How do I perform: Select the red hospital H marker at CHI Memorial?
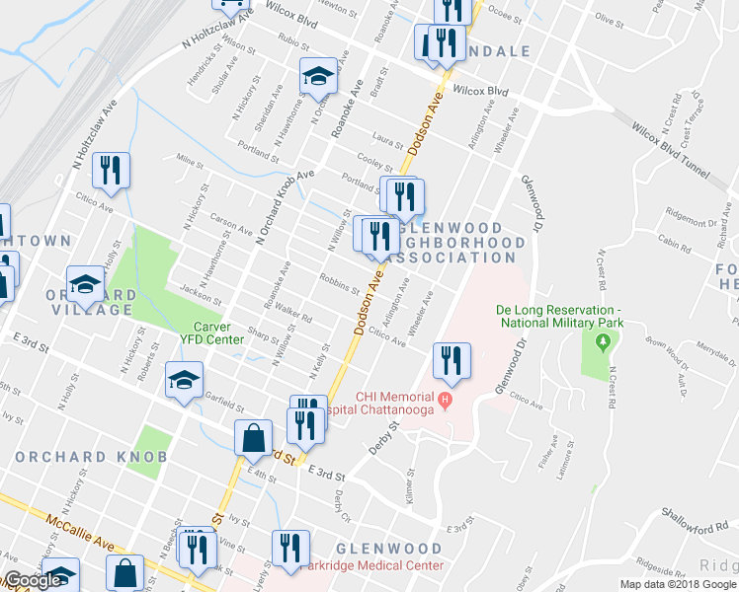point(445,400)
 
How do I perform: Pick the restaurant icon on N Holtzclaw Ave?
point(111,170)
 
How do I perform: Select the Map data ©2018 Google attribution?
point(678,584)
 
